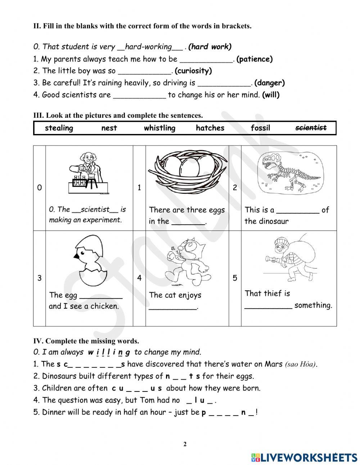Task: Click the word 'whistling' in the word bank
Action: (159, 128)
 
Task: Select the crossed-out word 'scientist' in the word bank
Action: (311, 128)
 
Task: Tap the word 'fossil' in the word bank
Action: (260, 128)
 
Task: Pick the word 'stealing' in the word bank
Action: (59, 128)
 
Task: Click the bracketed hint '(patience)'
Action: (255, 59)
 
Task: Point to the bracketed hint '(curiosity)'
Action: (193, 71)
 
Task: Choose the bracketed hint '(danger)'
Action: (269, 83)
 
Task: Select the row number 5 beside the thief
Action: (235, 278)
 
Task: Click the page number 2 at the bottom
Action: (185, 444)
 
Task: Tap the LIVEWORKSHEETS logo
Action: (304, 457)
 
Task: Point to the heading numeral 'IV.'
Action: (38, 341)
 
